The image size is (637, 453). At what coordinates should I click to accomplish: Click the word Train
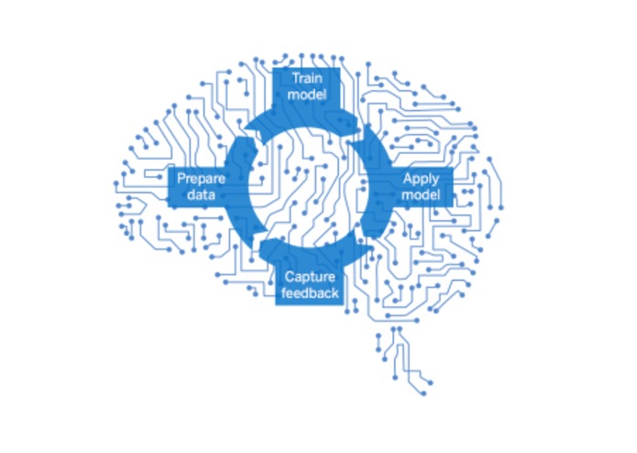point(307,78)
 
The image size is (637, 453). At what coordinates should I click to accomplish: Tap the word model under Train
point(307,94)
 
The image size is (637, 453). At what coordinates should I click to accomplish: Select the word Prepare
point(201,178)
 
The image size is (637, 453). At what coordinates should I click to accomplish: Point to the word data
point(201,194)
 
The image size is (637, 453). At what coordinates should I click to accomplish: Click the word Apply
point(421,179)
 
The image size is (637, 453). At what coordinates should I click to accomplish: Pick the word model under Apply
point(421,194)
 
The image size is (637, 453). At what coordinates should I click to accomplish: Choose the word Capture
point(310,277)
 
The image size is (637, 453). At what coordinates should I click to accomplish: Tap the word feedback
point(310,293)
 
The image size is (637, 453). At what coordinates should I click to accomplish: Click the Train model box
point(306,86)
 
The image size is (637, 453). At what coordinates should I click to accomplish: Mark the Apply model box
point(421,187)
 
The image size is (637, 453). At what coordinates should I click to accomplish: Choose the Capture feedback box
point(310,285)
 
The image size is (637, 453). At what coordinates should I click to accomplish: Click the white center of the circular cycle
point(308,187)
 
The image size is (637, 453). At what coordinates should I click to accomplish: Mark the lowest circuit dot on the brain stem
point(423,393)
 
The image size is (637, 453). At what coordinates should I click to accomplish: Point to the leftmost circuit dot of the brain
point(116,183)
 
